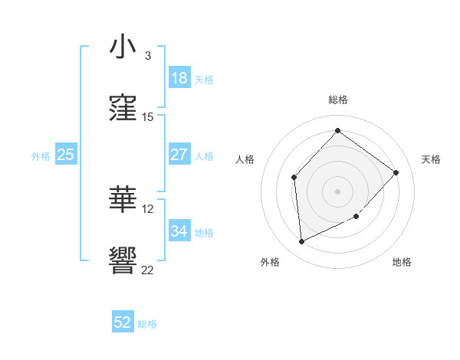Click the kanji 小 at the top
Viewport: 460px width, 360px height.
pos(123,47)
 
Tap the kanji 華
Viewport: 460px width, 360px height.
pos(123,200)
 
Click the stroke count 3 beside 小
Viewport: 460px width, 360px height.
pos(147,56)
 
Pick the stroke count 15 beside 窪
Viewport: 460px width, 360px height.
pos(148,117)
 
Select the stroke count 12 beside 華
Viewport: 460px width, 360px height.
pos(148,208)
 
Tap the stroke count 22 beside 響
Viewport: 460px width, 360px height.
pos(148,270)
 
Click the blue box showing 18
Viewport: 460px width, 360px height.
pos(179,78)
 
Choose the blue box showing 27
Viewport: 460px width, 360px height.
pos(179,155)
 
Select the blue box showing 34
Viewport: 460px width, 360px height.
pos(179,231)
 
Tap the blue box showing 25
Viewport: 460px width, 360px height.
pos(65,155)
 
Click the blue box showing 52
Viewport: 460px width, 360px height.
pos(123,322)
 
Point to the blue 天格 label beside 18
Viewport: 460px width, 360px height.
pos(204,80)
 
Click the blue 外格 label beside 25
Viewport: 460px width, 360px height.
pos(41,155)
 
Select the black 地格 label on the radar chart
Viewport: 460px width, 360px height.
pos(402,262)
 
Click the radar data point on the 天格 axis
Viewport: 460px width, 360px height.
pos(396,172)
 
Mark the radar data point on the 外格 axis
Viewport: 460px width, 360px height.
pos(301,241)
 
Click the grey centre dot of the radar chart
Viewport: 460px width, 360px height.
pos(337,191)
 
